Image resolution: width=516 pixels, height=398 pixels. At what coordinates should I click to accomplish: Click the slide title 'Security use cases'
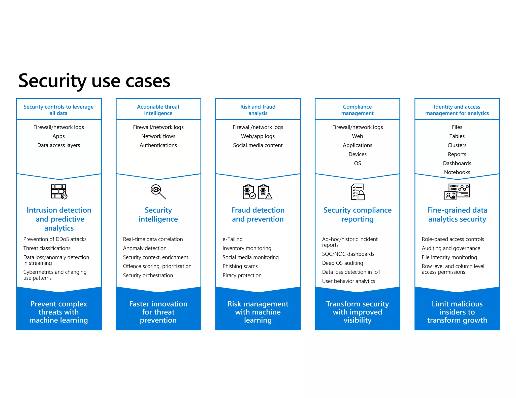[94, 81]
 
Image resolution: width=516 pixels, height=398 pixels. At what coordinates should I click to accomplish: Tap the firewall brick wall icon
[59, 192]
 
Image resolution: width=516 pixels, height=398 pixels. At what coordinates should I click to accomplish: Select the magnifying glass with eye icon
[158, 192]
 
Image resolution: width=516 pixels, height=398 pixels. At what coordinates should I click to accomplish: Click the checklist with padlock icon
[358, 192]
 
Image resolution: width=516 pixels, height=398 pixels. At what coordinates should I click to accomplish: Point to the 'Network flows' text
[158, 136]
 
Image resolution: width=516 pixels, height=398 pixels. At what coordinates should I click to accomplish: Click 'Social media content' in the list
[258, 145]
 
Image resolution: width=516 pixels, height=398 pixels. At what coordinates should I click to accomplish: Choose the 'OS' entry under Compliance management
[357, 163]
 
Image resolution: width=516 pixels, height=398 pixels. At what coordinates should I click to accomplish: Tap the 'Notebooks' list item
[457, 172]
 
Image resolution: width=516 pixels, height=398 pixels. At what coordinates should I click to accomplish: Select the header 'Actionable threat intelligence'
[158, 110]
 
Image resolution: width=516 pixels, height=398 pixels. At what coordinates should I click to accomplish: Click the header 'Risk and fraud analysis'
[258, 110]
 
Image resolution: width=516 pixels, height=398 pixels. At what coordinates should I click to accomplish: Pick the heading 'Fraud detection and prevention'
[258, 215]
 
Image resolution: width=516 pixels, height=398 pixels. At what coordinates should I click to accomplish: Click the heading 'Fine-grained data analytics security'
[457, 215]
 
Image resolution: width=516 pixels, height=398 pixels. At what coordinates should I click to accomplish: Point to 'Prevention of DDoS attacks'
[55, 239]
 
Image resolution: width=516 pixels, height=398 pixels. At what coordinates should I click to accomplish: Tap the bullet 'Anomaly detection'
[145, 248]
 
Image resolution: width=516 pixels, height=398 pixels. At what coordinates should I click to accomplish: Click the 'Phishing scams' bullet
[240, 266]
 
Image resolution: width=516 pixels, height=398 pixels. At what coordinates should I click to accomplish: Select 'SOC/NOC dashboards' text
[348, 254]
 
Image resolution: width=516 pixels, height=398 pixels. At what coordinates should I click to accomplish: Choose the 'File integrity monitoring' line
[449, 257]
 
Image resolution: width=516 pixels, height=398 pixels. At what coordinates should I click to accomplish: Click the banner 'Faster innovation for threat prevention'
[158, 312]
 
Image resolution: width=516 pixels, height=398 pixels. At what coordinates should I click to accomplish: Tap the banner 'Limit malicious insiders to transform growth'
[457, 312]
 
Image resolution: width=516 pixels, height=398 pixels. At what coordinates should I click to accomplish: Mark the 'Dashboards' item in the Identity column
[457, 163]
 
